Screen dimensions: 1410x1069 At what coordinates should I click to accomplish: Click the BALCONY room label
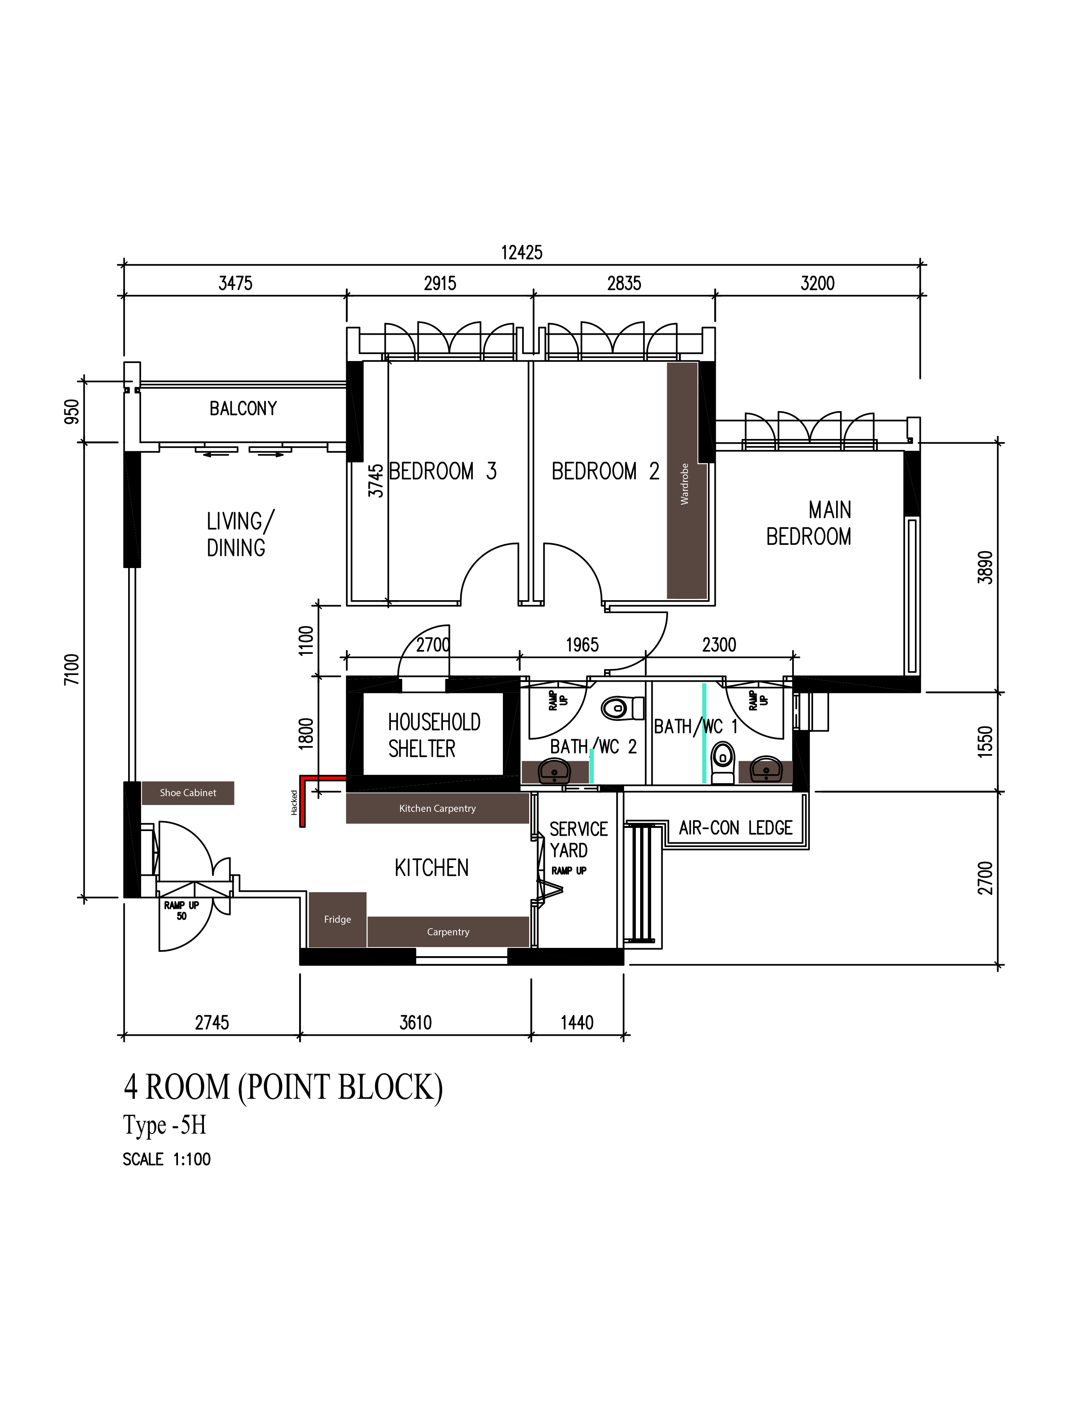(243, 408)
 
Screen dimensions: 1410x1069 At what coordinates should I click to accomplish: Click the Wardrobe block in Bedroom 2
(686, 481)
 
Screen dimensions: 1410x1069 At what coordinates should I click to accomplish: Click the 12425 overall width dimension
(521, 252)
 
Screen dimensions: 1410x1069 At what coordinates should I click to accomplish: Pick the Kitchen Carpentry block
(437, 808)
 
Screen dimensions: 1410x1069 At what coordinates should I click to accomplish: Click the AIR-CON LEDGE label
(735, 828)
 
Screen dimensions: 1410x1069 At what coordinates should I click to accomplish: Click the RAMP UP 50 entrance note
(181, 910)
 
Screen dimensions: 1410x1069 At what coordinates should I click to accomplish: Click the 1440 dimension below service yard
(577, 1022)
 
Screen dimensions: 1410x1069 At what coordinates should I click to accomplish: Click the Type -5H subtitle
(165, 1125)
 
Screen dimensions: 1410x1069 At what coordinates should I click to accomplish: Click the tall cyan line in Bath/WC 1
(704, 733)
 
